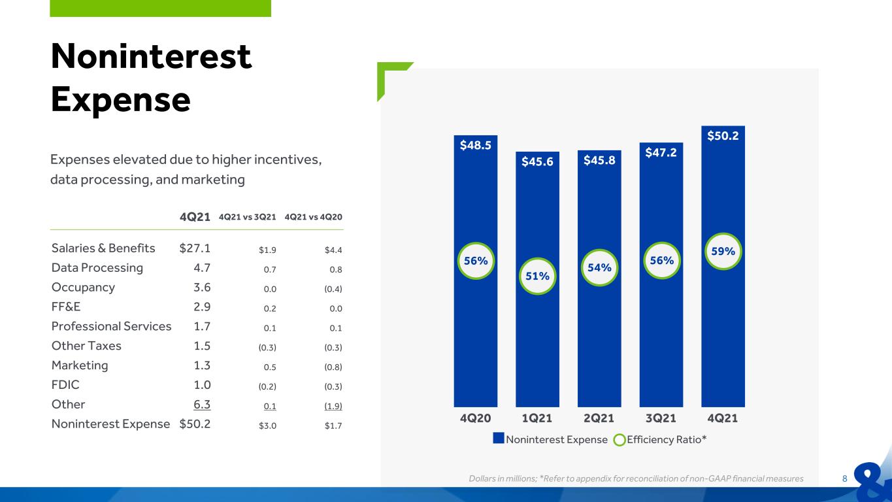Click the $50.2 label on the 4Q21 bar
[723, 136]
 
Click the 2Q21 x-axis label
[599, 418]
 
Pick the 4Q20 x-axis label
[475, 418]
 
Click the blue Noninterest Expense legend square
[499, 438]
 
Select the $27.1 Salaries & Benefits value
[195, 248]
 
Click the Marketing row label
[80, 365]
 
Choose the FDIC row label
[65, 385]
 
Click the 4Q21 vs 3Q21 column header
[247, 217]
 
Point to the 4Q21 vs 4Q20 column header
[314, 217]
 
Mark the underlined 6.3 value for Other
[202, 405]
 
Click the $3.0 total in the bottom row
[267, 426]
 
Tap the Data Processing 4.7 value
[202, 268]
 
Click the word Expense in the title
[121, 100]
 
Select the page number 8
[844, 478]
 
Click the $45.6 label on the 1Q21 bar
[537, 161]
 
